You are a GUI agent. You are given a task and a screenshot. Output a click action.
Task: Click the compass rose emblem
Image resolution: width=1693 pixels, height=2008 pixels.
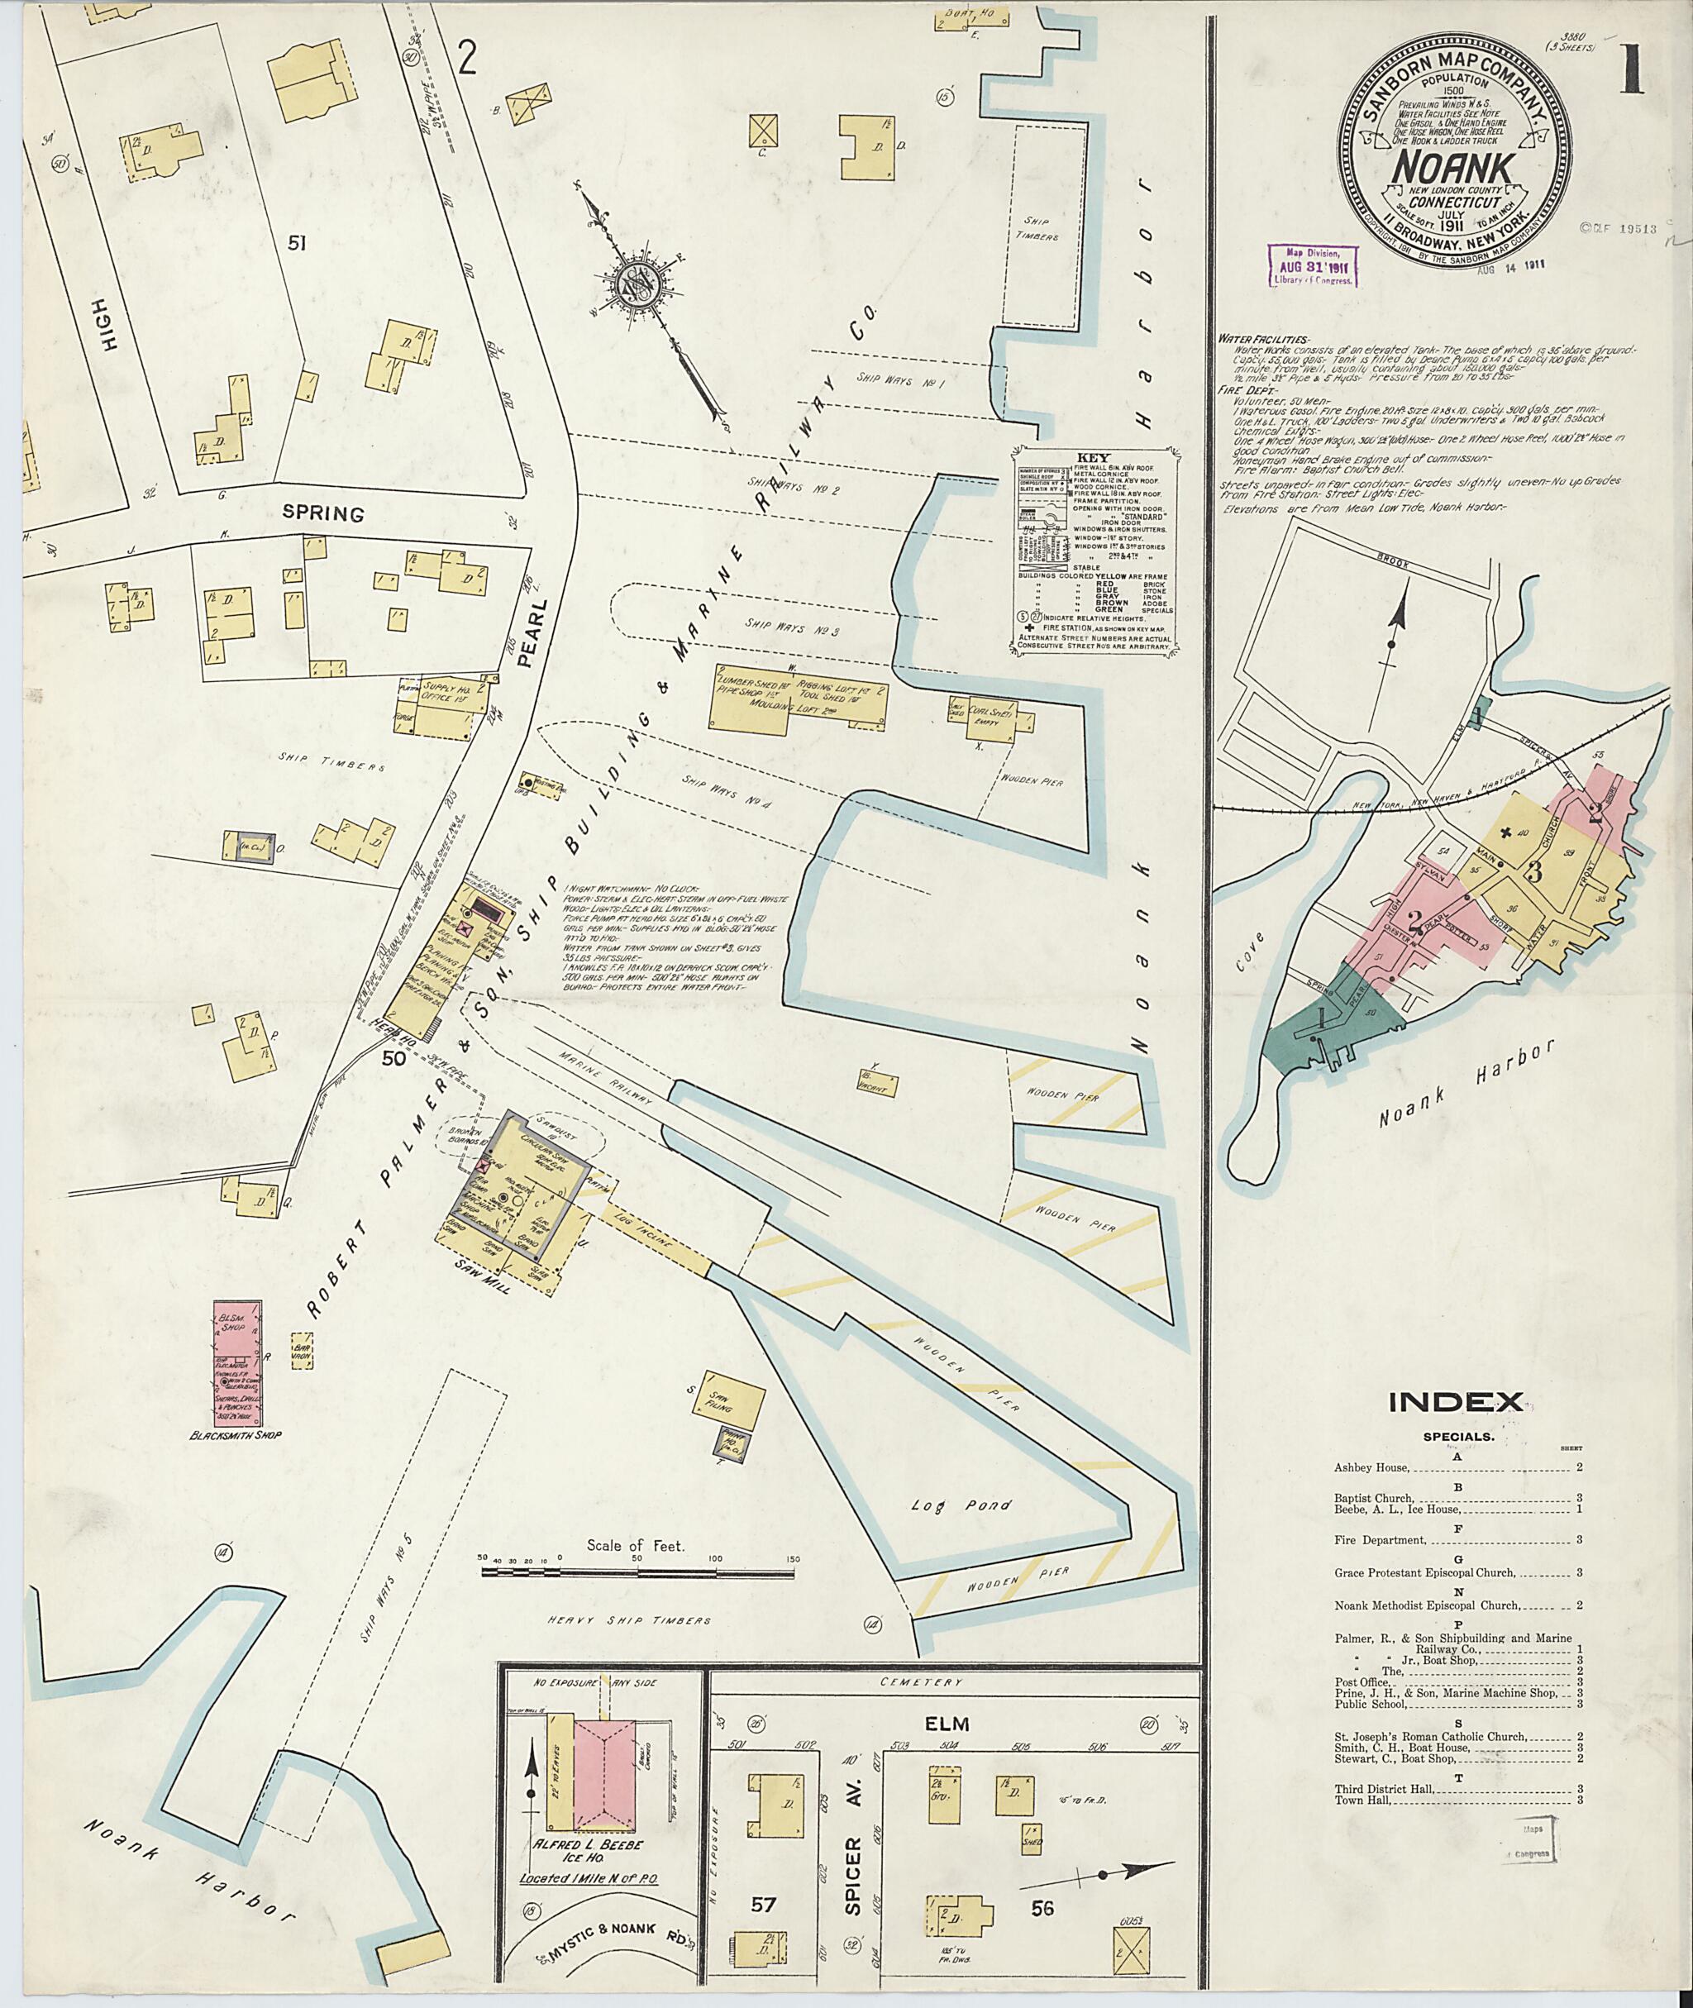point(637,285)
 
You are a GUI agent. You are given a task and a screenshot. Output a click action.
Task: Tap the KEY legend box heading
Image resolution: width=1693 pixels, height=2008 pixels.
point(1092,458)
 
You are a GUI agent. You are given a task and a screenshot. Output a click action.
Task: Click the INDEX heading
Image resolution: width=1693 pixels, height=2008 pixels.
point(1456,1402)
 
